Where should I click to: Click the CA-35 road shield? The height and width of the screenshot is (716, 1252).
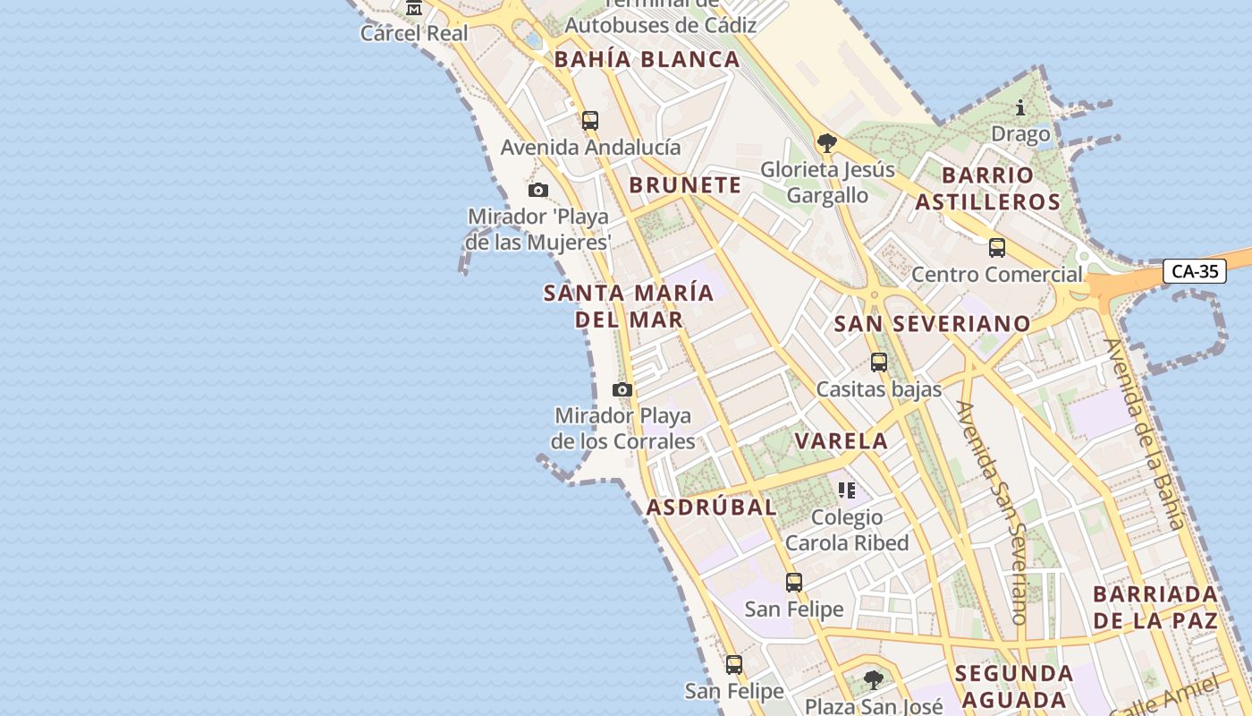(1195, 271)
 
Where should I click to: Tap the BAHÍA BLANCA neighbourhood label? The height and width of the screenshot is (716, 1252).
(647, 60)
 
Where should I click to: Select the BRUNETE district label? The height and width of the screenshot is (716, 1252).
(685, 185)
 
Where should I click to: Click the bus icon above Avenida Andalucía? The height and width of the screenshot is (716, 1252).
(589, 121)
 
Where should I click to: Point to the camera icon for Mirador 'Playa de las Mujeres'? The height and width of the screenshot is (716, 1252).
(537, 190)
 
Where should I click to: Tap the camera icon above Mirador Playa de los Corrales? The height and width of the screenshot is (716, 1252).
(622, 389)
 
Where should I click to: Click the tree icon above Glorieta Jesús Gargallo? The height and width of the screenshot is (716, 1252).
(827, 142)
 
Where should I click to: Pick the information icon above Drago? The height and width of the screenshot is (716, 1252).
(1020, 108)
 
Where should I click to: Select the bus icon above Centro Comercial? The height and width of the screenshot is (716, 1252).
(996, 248)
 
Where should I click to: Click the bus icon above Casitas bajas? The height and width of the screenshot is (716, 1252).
(879, 362)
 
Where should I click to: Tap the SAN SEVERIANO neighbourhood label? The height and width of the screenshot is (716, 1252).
(932, 324)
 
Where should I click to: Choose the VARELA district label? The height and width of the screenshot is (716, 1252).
(842, 440)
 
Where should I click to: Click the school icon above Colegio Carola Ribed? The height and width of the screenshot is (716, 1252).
(847, 490)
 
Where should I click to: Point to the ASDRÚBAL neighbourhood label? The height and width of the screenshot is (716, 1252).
(711, 507)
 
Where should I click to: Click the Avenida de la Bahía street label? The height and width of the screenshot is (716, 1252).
(1144, 435)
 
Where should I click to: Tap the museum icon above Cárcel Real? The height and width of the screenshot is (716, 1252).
(413, 8)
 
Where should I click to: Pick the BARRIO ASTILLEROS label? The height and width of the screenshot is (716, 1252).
(987, 188)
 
